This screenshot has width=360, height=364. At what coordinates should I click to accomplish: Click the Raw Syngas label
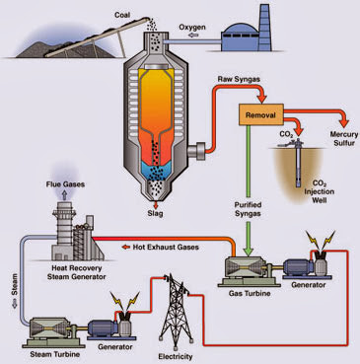238,78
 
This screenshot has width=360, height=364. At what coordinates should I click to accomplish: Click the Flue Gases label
65,184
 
